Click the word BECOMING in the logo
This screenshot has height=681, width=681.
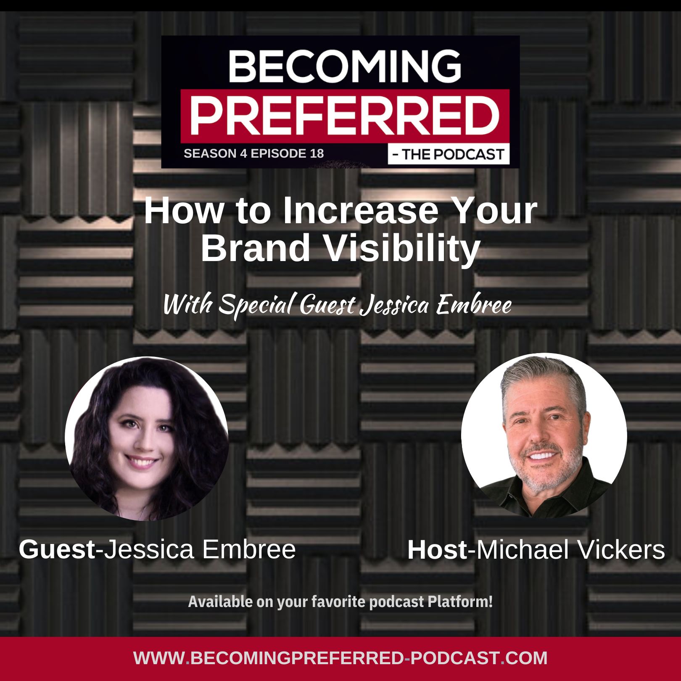point(345,66)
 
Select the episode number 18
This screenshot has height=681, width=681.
point(317,153)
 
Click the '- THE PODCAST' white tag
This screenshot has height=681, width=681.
point(449,154)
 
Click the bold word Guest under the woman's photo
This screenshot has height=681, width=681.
point(57,549)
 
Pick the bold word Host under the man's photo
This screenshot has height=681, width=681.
point(437,550)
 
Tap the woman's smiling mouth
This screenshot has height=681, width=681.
point(143,462)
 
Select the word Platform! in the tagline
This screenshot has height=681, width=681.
point(460,602)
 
